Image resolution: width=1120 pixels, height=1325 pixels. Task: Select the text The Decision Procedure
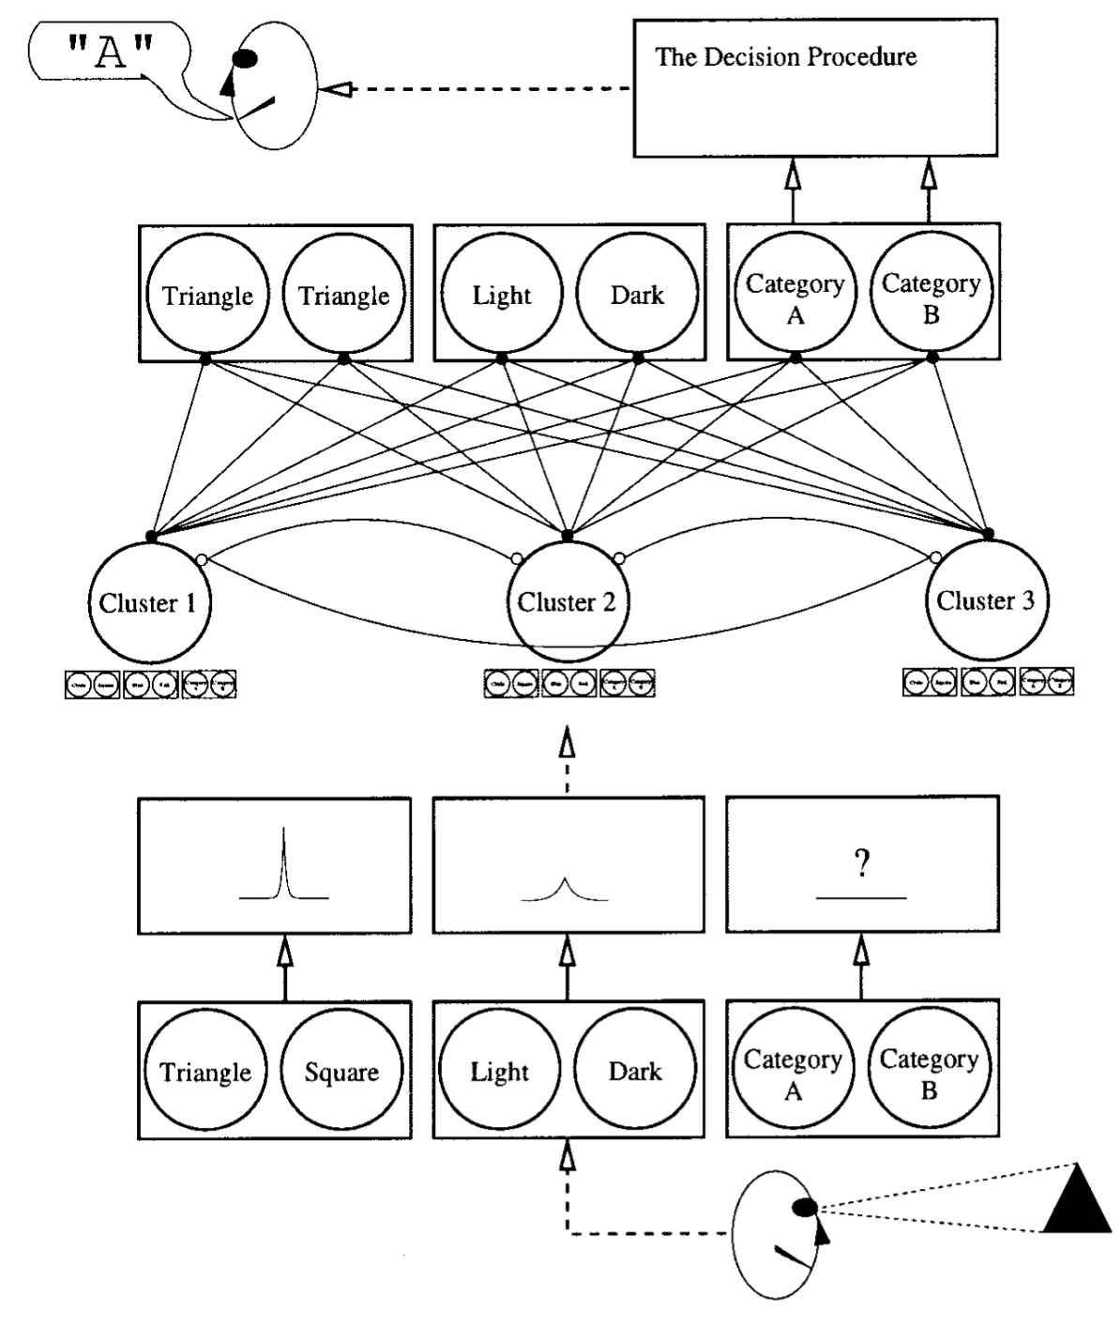(785, 57)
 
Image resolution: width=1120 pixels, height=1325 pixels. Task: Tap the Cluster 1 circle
(148, 602)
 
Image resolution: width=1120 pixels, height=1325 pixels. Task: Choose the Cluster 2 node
(567, 602)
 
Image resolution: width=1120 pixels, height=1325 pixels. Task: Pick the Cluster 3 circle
(985, 600)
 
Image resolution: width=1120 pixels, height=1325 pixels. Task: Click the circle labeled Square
(341, 1072)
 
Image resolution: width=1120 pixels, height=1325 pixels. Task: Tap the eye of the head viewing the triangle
(804, 1207)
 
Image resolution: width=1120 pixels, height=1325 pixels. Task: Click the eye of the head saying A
(245, 58)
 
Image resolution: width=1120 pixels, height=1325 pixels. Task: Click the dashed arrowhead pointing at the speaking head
(335, 90)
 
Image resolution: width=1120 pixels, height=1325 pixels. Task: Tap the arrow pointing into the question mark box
(861, 967)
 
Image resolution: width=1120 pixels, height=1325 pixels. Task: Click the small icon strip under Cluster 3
(988, 682)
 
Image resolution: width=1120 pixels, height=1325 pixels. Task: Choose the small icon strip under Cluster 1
(150, 685)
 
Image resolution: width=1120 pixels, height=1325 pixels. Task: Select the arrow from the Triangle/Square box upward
(285, 967)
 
